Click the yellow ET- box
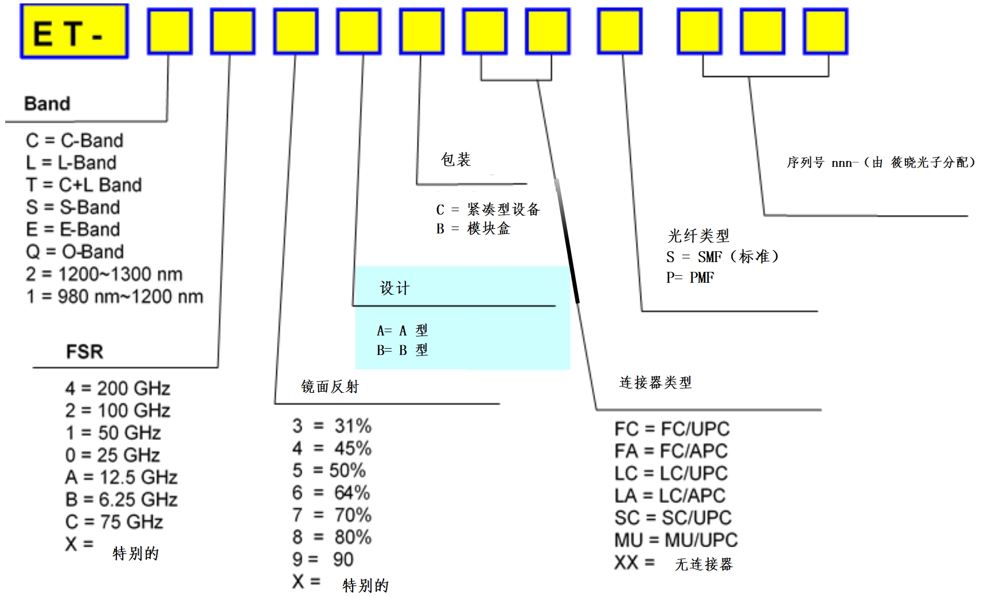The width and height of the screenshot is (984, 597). pos(74,32)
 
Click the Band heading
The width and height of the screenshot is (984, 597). pos(47,104)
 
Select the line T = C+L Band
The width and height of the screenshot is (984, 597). pos(84,185)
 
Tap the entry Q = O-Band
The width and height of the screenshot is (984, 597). pos(75,252)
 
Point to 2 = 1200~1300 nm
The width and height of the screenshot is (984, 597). pos(104,274)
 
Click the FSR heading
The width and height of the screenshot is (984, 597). pos(84,351)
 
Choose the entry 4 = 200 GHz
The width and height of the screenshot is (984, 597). pos(118,388)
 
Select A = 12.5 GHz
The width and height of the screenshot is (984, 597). pos(121,477)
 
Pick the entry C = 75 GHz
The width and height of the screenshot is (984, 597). pos(114,522)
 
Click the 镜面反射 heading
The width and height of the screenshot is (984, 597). pos(330,387)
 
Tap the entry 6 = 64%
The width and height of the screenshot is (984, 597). pos(331,493)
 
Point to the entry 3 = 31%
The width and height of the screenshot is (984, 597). pos(331,426)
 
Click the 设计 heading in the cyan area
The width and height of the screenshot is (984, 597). pos(395,288)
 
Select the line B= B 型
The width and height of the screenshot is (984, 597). pos(402,350)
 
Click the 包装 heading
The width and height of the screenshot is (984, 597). pos(455,160)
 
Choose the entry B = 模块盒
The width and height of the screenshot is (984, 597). pos(473,229)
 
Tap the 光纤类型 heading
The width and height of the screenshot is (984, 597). pos(698,236)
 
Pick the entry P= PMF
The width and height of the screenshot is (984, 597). pos(690,278)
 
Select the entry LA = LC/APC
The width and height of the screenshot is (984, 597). pos(670,495)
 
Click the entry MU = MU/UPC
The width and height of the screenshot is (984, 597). pos(675,540)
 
